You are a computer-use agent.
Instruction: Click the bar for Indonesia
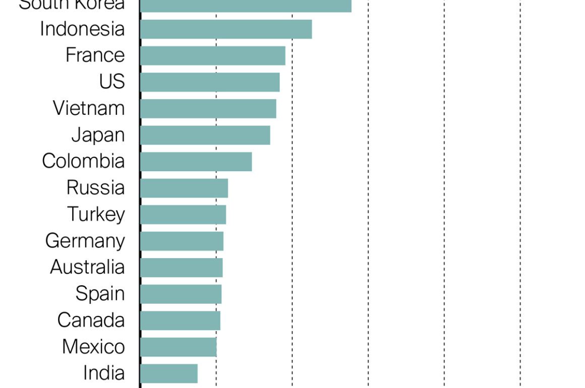pyautogui.click(x=226, y=29)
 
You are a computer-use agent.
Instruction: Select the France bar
pyautogui.click(x=213, y=55)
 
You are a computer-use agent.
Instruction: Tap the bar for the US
pyautogui.click(x=210, y=82)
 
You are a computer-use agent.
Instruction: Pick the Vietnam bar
pyautogui.click(x=208, y=108)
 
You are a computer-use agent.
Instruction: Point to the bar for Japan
pyautogui.click(x=205, y=135)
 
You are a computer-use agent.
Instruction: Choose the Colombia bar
pyautogui.click(x=196, y=162)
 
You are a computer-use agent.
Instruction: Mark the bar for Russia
pyautogui.click(x=184, y=188)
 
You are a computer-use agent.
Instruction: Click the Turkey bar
pyautogui.click(x=183, y=215)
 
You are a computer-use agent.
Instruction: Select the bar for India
pyautogui.click(x=169, y=373)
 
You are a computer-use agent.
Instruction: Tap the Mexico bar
pyautogui.click(x=179, y=347)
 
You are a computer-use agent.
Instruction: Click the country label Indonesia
pyautogui.click(x=82, y=29)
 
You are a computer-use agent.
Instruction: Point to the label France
pyautogui.click(x=95, y=55)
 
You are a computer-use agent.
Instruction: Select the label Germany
pyautogui.click(x=85, y=241)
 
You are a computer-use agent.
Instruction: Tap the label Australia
pyautogui.click(x=87, y=267)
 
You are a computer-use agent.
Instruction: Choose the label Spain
pyautogui.click(x=100, y=293)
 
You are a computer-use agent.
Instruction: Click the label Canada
pyautogui.click(x=91, y=320)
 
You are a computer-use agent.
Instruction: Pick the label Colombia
pyautogui.click(x=83, y=161)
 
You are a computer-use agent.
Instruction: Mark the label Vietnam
pyautogui.click(x=89, y=108)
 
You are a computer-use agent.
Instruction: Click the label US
pyautogui.click(x=112, y=82)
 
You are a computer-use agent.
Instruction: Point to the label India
pyautogui.click(x=104, y=373)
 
